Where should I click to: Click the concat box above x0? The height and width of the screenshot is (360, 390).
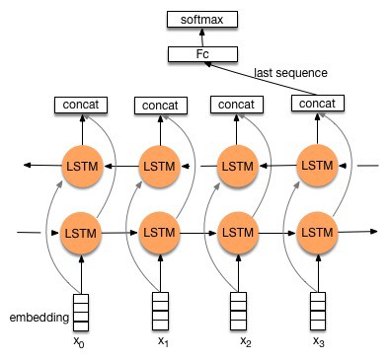[79, 104]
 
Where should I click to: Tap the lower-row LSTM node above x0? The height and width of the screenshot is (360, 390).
[80, 232]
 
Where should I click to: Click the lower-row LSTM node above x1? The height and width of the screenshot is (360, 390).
[159, 232]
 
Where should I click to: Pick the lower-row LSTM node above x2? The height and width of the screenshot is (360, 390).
[237, 232]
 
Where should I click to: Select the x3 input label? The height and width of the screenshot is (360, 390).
[318, 342]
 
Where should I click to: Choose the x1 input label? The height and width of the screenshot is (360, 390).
[163, 342]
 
